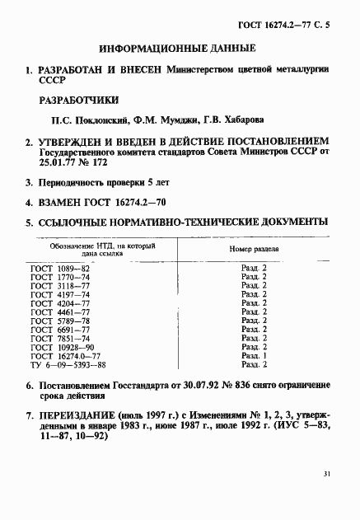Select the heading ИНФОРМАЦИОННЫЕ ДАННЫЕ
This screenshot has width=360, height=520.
(x=180, y=49)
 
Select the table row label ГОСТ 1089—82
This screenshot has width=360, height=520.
(x=59, y=269)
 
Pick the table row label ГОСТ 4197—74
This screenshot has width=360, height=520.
(x=59, y=294)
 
